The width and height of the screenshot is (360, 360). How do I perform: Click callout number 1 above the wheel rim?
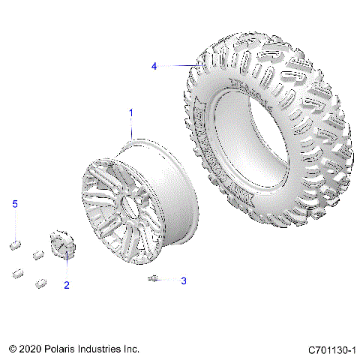coord(131,112)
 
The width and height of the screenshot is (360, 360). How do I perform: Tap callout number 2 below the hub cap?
coord(67,285)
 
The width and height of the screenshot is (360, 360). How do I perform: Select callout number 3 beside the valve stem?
coord(182,281)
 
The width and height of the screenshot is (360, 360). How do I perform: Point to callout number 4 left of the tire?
coord(154,66)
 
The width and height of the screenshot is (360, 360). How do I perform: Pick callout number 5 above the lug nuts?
coord(14,204)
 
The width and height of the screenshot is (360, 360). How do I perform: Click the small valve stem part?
coord(153,279)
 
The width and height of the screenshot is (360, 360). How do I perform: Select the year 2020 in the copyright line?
coord(32,349)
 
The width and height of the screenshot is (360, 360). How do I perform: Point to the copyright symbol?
coord(13,349)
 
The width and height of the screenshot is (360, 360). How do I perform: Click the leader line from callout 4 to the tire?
coord(173,66)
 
